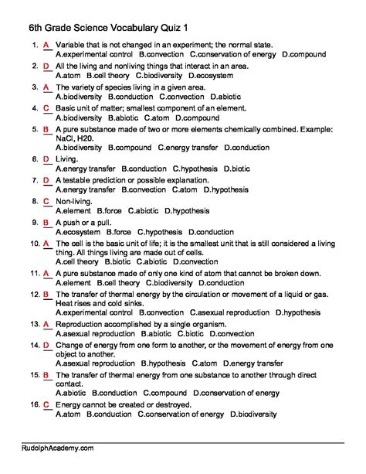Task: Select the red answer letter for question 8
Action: tap(46, 201)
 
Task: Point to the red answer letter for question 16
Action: tap(46, 404)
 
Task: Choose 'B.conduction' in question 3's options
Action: tap(131, 98)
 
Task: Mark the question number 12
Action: tap(34, 295)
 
